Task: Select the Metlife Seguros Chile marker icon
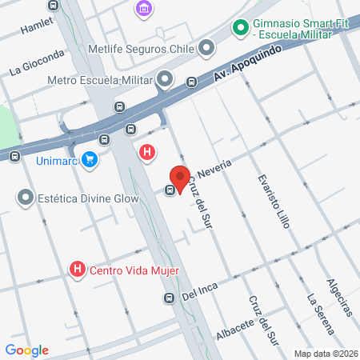click(x=207, y=48)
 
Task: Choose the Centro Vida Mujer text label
click(x=134, y=270)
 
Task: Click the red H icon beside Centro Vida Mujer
click(x=78, y=270)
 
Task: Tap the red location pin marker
click(x=179, y=176)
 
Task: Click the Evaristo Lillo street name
click(x=273, y=201)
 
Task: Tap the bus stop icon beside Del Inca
click(x=169, y=298)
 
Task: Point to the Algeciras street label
click(x=339, y=297)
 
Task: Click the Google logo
click(x=26, y=350)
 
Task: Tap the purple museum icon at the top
click(x=144, y=9)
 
